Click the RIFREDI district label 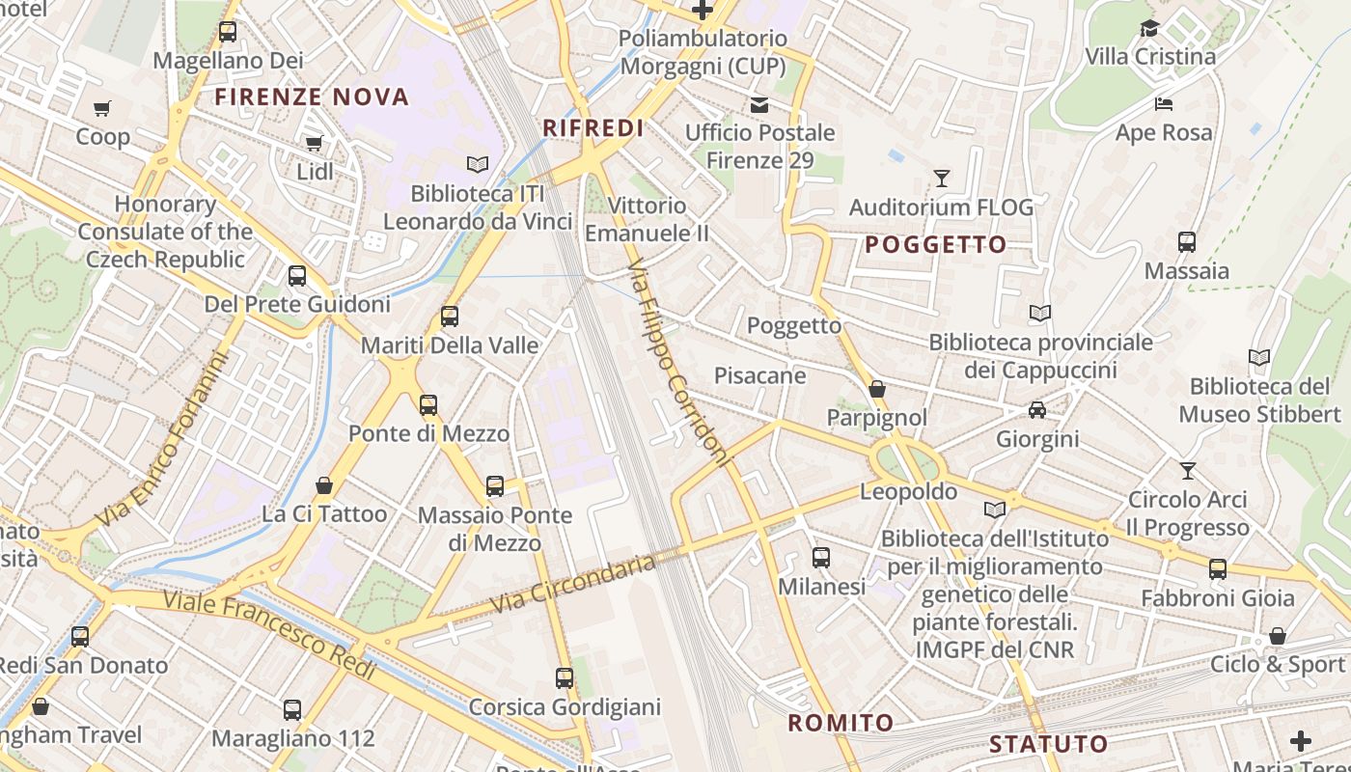pos(593,128)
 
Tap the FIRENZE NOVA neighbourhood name pos(312,96)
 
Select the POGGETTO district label pos(935,244)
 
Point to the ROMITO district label pos(841,723)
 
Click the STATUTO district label pos(1048,744)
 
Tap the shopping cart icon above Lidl pos(314,144)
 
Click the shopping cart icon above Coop pos(102,108)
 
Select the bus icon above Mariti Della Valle pos(449,316)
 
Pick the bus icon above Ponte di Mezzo pos(428,404)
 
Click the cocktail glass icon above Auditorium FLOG pos(941,179)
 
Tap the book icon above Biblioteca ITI pos(478,165)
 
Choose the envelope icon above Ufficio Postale pos(759,104)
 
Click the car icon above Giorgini pos(1037,410)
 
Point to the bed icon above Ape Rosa pos(1164,104)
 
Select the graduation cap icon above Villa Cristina pos(1149,28)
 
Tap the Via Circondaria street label pos(573,583)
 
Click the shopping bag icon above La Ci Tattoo pos(324,484)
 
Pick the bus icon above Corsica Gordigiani pos(565,678)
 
